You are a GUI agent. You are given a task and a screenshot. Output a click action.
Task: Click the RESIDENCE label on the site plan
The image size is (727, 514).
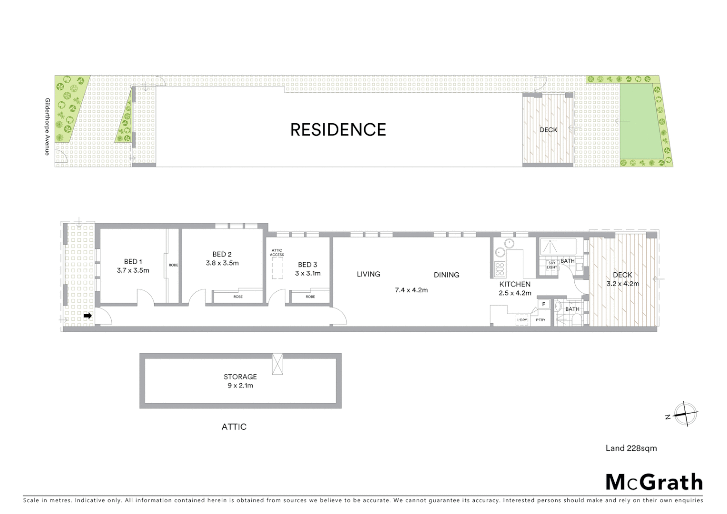[338, 129]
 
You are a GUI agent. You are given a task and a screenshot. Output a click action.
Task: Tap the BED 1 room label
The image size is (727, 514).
[133, 261]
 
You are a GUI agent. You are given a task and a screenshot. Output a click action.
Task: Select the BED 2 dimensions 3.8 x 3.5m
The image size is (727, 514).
[222, 263]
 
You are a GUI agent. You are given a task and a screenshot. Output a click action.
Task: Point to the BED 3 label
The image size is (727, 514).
[307, 265]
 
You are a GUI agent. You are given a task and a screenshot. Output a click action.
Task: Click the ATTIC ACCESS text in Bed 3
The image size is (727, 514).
[277, 252]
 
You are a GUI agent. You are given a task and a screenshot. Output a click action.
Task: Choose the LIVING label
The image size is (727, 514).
[368, 274]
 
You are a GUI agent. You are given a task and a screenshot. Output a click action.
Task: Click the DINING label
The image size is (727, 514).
[446, 275]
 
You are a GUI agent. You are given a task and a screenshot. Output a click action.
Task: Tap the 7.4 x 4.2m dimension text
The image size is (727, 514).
[411, 289]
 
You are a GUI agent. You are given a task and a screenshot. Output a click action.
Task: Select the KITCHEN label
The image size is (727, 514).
[515, 284]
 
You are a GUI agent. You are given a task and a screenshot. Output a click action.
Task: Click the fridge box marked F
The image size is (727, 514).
[543, 304]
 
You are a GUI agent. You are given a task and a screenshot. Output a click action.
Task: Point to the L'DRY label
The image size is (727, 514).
[522, 320]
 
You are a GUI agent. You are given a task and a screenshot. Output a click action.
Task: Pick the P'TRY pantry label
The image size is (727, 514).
[540, 320]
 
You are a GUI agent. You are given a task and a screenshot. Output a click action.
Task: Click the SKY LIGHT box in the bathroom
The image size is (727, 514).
[552, 265]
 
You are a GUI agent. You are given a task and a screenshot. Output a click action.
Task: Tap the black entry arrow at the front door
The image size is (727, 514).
[88, 316]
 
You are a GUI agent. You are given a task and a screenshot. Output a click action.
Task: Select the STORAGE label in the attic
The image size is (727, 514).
[240, 376]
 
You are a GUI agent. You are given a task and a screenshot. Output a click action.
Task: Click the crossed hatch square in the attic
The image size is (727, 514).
[277, 364]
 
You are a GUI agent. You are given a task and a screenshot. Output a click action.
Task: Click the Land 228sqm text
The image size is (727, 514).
[631, 448]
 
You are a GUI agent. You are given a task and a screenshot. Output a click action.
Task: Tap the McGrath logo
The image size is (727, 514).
[654, 482]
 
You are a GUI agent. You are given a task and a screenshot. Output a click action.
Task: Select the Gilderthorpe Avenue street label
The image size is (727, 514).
[47, 126]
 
